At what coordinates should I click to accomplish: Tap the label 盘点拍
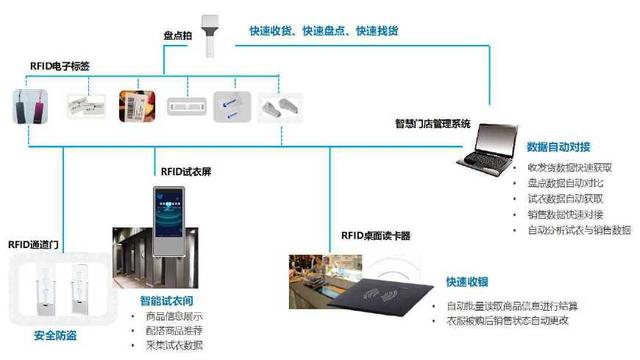178,35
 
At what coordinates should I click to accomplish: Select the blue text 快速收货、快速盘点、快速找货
324,31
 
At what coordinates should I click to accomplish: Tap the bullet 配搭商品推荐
173,330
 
